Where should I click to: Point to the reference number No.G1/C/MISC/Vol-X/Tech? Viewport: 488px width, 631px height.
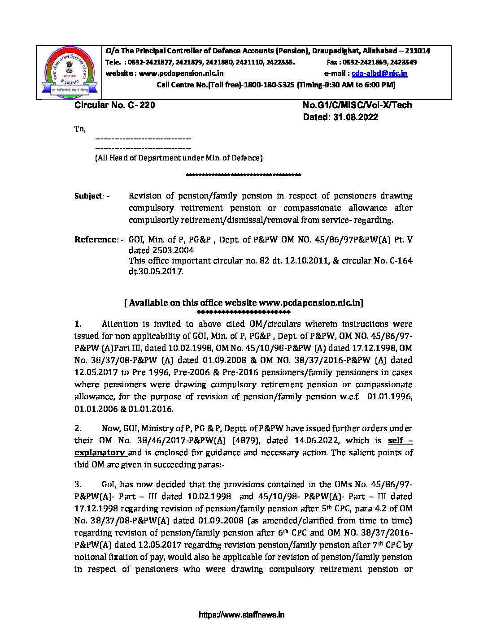click(x=357, y=105)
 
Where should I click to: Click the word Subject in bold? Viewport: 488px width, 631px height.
click(x=88, y=196)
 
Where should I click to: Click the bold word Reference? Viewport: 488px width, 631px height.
click(x=96, y=240)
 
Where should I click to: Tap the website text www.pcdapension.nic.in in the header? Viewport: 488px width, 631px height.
click(x=181, y=73)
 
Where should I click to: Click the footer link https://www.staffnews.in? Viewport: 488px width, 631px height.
click(x=241, y=615)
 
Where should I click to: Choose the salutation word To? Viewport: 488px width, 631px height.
click(x=80, y=129)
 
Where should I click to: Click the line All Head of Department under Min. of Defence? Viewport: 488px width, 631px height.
click(x=179, y=158)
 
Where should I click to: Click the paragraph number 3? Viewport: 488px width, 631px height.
click(x=78, y=484)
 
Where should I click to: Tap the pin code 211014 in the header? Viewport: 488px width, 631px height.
click(x=417, y=51)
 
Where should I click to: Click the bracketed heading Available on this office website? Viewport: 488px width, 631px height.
click(x=244, y=303)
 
